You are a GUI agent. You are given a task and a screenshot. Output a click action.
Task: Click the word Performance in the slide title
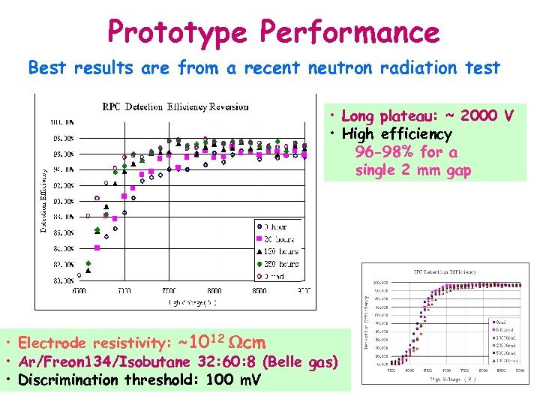(x=349, y=32)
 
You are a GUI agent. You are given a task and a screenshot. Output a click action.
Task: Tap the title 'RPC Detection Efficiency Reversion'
(x=175, y=106)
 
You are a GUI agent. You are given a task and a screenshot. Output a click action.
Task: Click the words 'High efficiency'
(x=397, y=134)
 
